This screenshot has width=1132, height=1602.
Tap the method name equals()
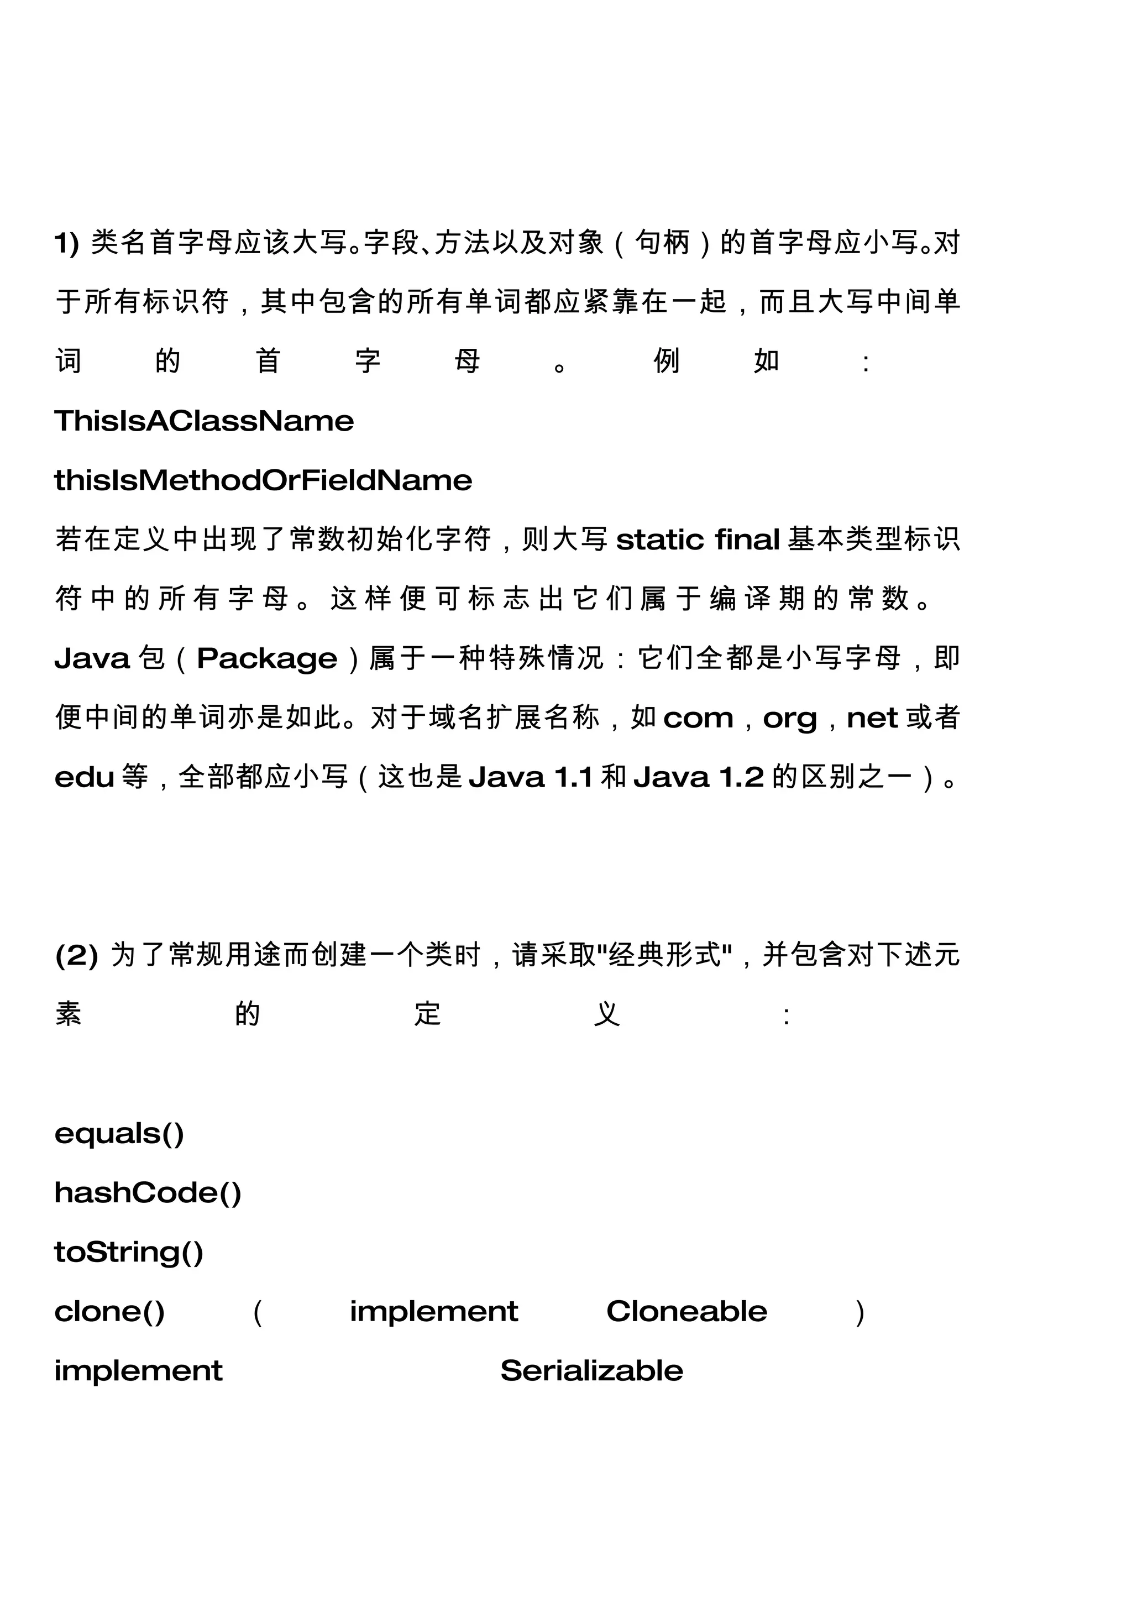pyautogui.click(x=119, y=1134)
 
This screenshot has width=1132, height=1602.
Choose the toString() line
pyautogui.click(x=129, y=1253)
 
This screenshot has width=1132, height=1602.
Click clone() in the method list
pyautogui.click(x=109, y=1312)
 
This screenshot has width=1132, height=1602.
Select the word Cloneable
pyautogui.click(x=686, y=1312)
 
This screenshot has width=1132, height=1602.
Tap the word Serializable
pyautogui.click(x=591, y=1371)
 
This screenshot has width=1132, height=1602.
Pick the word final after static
pyautogui.click(x=747, y=540)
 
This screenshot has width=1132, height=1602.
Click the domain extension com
pyautogui.click(x=698, y=718)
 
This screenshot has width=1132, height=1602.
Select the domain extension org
pyautogui.click(x=789, y=719)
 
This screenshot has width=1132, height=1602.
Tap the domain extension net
pyautogui.click(x=872, y=718)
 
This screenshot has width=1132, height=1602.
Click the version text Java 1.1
pyautogui.click(x=531, y=777)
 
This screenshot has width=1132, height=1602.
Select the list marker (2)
pyautogui.click(x=76, y=955)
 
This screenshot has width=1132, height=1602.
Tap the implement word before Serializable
pyautogui.click(x=138, y=1371)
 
